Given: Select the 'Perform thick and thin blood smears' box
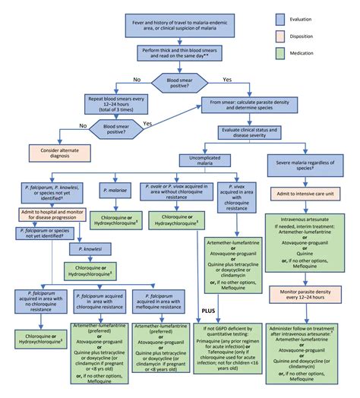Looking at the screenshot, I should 180,52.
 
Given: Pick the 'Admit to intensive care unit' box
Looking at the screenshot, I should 308,194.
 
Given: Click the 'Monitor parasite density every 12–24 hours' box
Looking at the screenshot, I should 308,292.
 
